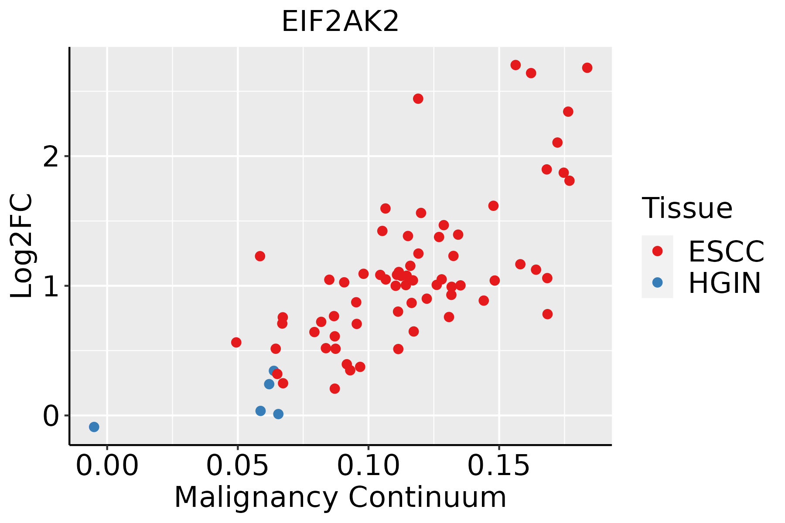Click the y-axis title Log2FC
(22, 246)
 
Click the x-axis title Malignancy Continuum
(340, 497)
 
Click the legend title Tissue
(687, 208)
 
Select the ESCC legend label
(726, 251)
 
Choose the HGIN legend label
(724, 283)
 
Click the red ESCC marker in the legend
(657, 251)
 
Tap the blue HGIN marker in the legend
(657, 282)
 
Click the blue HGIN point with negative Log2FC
(94, 427)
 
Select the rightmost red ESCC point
(587, 68)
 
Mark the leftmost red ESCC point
(236, 342)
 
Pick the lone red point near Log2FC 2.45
(418, 98)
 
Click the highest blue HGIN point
(274, 371)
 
